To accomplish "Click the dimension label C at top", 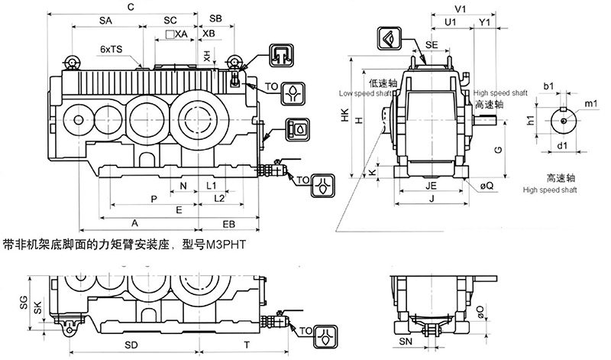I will tap(132, 7).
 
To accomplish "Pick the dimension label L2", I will tap(219, 198).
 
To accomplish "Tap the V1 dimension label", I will tap(460, 8).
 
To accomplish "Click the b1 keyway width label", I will tap(548, 86).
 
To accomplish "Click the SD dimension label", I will tap(131, 345).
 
